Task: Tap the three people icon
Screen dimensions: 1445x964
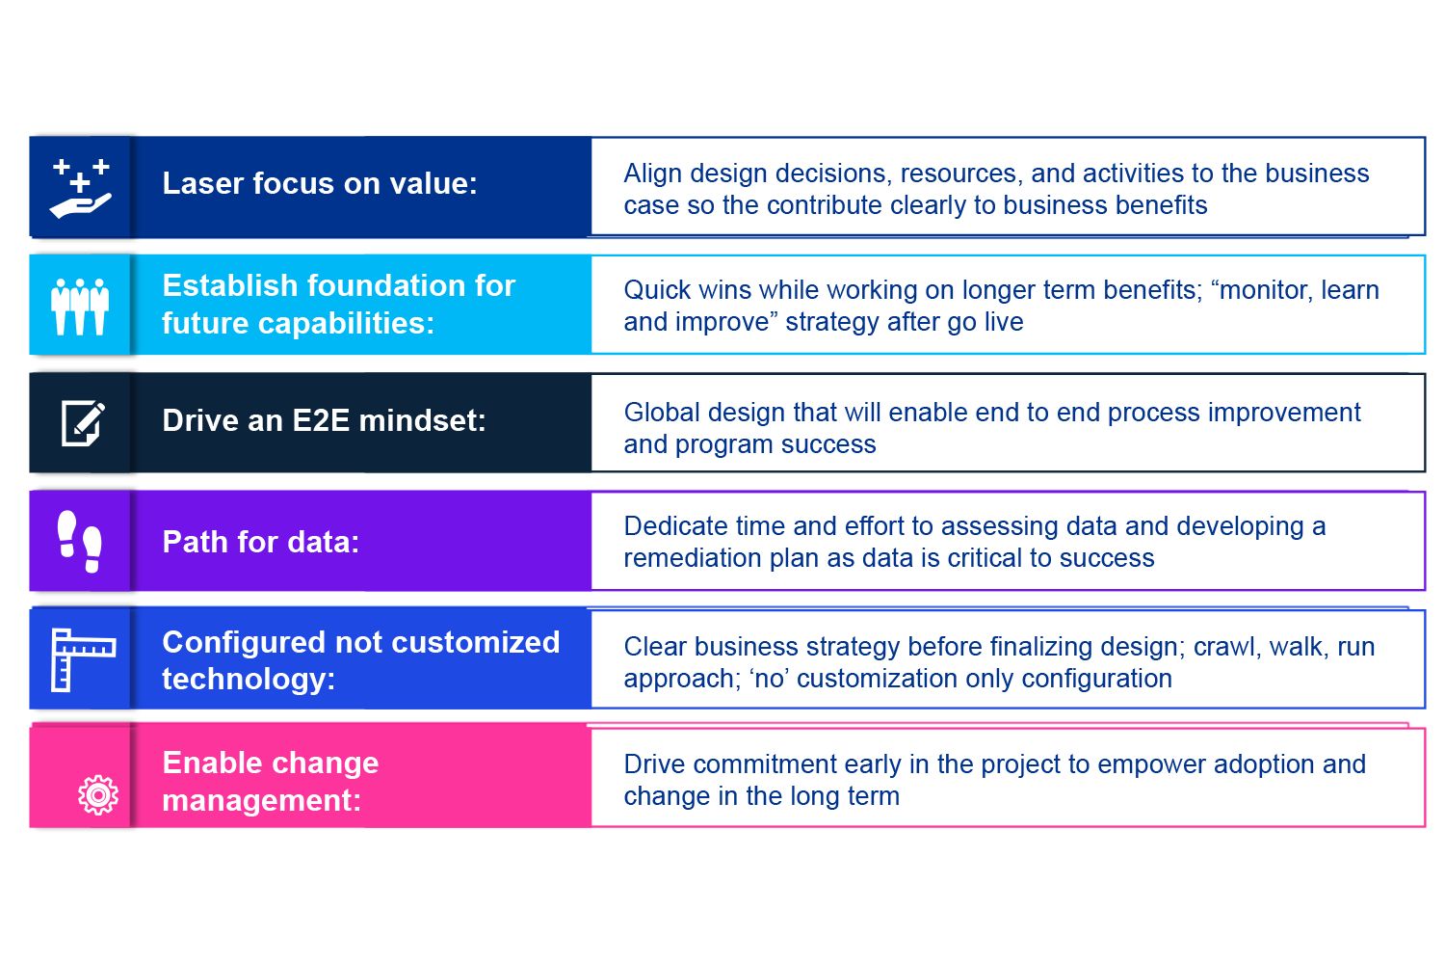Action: click(80, 307)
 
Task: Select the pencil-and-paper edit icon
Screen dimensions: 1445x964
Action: click(83, 423)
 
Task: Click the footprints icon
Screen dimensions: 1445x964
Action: click(80, 542)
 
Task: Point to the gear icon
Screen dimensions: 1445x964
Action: click(98, 795)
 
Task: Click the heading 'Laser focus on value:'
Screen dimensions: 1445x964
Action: click(320, 183)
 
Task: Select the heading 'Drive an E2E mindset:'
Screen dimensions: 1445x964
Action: click(324, 420)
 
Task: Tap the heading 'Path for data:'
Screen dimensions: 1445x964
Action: click(261, 542)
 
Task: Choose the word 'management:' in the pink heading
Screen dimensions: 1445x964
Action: click(261, 801)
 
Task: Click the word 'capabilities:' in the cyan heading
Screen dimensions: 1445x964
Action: click(298, 323)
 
